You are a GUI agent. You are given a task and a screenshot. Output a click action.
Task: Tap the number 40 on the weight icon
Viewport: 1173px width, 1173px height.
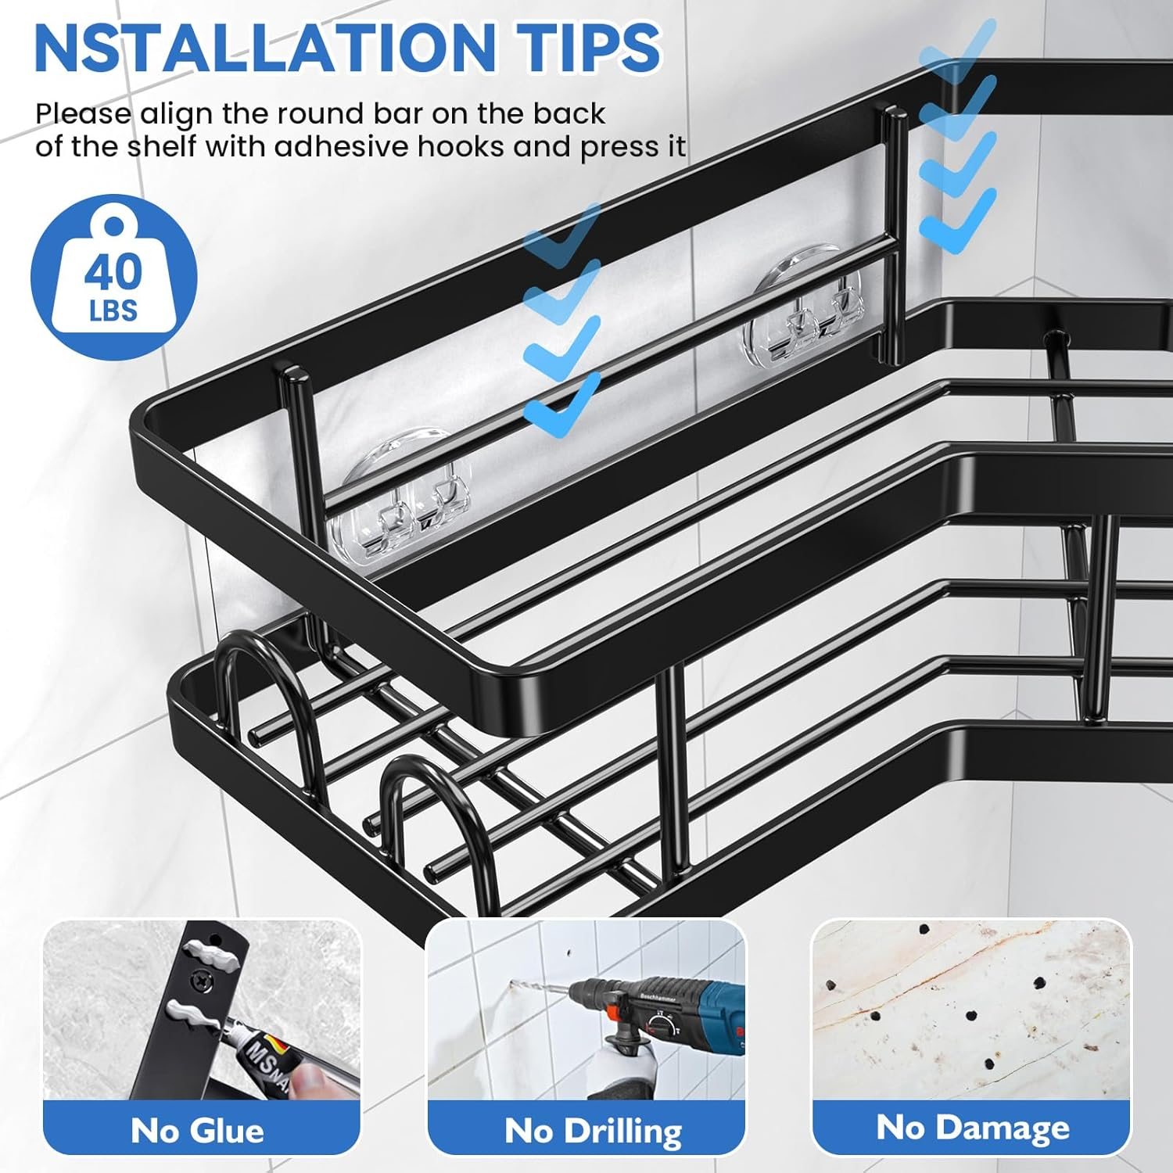113,273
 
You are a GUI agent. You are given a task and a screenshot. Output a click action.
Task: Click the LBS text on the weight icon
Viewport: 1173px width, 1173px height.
113,311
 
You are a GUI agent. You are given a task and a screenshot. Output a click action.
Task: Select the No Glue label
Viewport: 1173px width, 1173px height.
197,1131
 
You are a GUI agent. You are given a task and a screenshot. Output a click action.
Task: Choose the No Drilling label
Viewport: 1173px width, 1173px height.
593,1131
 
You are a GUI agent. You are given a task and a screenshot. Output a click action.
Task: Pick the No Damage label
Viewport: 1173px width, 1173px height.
972,1128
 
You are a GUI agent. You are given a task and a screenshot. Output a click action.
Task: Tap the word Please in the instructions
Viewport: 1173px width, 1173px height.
83,114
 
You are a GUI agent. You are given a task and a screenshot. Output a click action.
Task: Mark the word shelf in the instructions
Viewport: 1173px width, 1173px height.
164,147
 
